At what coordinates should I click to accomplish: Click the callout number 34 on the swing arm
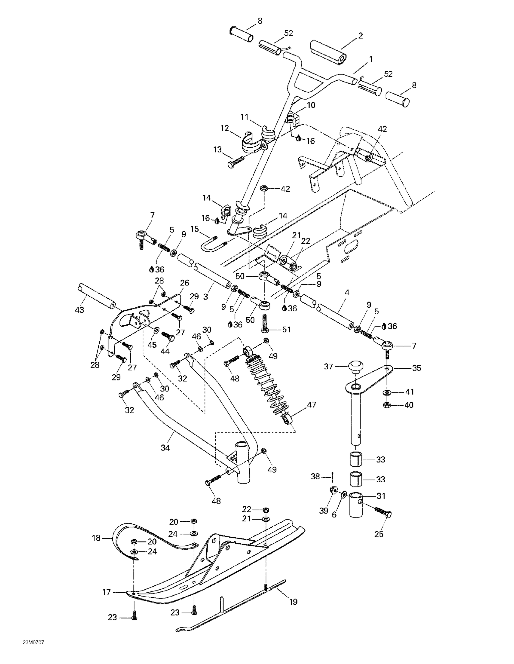(165, 448)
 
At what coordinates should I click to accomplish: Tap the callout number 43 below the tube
(79, 310)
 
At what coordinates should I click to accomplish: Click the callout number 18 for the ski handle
(96, 538)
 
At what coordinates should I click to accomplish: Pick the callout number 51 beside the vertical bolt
(286, 329)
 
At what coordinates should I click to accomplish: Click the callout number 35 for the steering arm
(416, 368)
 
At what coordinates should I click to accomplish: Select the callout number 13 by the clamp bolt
(217, 150)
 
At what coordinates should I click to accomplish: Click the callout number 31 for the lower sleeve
(381, 496)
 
